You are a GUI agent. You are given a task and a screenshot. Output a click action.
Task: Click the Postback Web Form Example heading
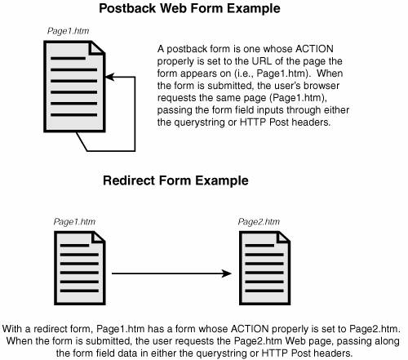[189, 8]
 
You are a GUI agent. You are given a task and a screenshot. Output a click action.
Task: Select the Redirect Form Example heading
[175, 180]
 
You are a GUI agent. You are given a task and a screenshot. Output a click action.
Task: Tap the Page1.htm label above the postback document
[69, 31]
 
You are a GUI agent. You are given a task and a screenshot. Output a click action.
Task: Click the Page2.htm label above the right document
[259, 222]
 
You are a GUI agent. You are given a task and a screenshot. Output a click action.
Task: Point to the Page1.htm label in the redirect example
[74, 222]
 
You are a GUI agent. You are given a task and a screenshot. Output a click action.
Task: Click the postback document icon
[74, 87]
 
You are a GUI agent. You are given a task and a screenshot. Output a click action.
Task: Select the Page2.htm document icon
[264, 268]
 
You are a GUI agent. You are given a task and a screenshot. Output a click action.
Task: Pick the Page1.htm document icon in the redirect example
[80, 268]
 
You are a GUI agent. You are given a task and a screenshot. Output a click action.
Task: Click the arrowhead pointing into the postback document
[109, 78]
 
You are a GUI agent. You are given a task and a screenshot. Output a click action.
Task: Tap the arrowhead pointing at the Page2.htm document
[227, 273]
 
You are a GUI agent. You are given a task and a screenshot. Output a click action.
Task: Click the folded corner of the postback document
[97, 47]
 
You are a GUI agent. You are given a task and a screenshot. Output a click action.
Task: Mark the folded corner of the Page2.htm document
[283, 237]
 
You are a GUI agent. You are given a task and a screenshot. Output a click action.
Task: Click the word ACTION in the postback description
[314, 49]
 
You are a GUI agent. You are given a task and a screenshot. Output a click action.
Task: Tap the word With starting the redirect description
[12, 329]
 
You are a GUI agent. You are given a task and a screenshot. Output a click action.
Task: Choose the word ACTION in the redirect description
[250, 329]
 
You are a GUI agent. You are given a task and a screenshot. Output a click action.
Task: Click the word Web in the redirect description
[295, 341]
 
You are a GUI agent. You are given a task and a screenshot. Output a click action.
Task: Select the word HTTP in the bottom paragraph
[274, 353]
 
